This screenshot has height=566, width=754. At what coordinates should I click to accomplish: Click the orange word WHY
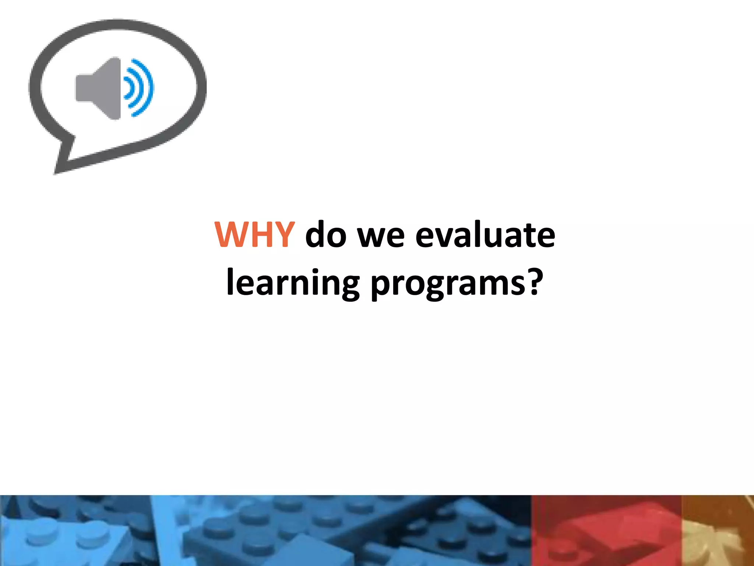[254, 235]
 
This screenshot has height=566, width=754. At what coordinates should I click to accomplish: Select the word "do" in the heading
[326, 235]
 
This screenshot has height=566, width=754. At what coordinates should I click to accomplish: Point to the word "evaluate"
[485, 235]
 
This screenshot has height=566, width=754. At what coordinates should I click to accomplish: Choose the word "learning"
[293, 283]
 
